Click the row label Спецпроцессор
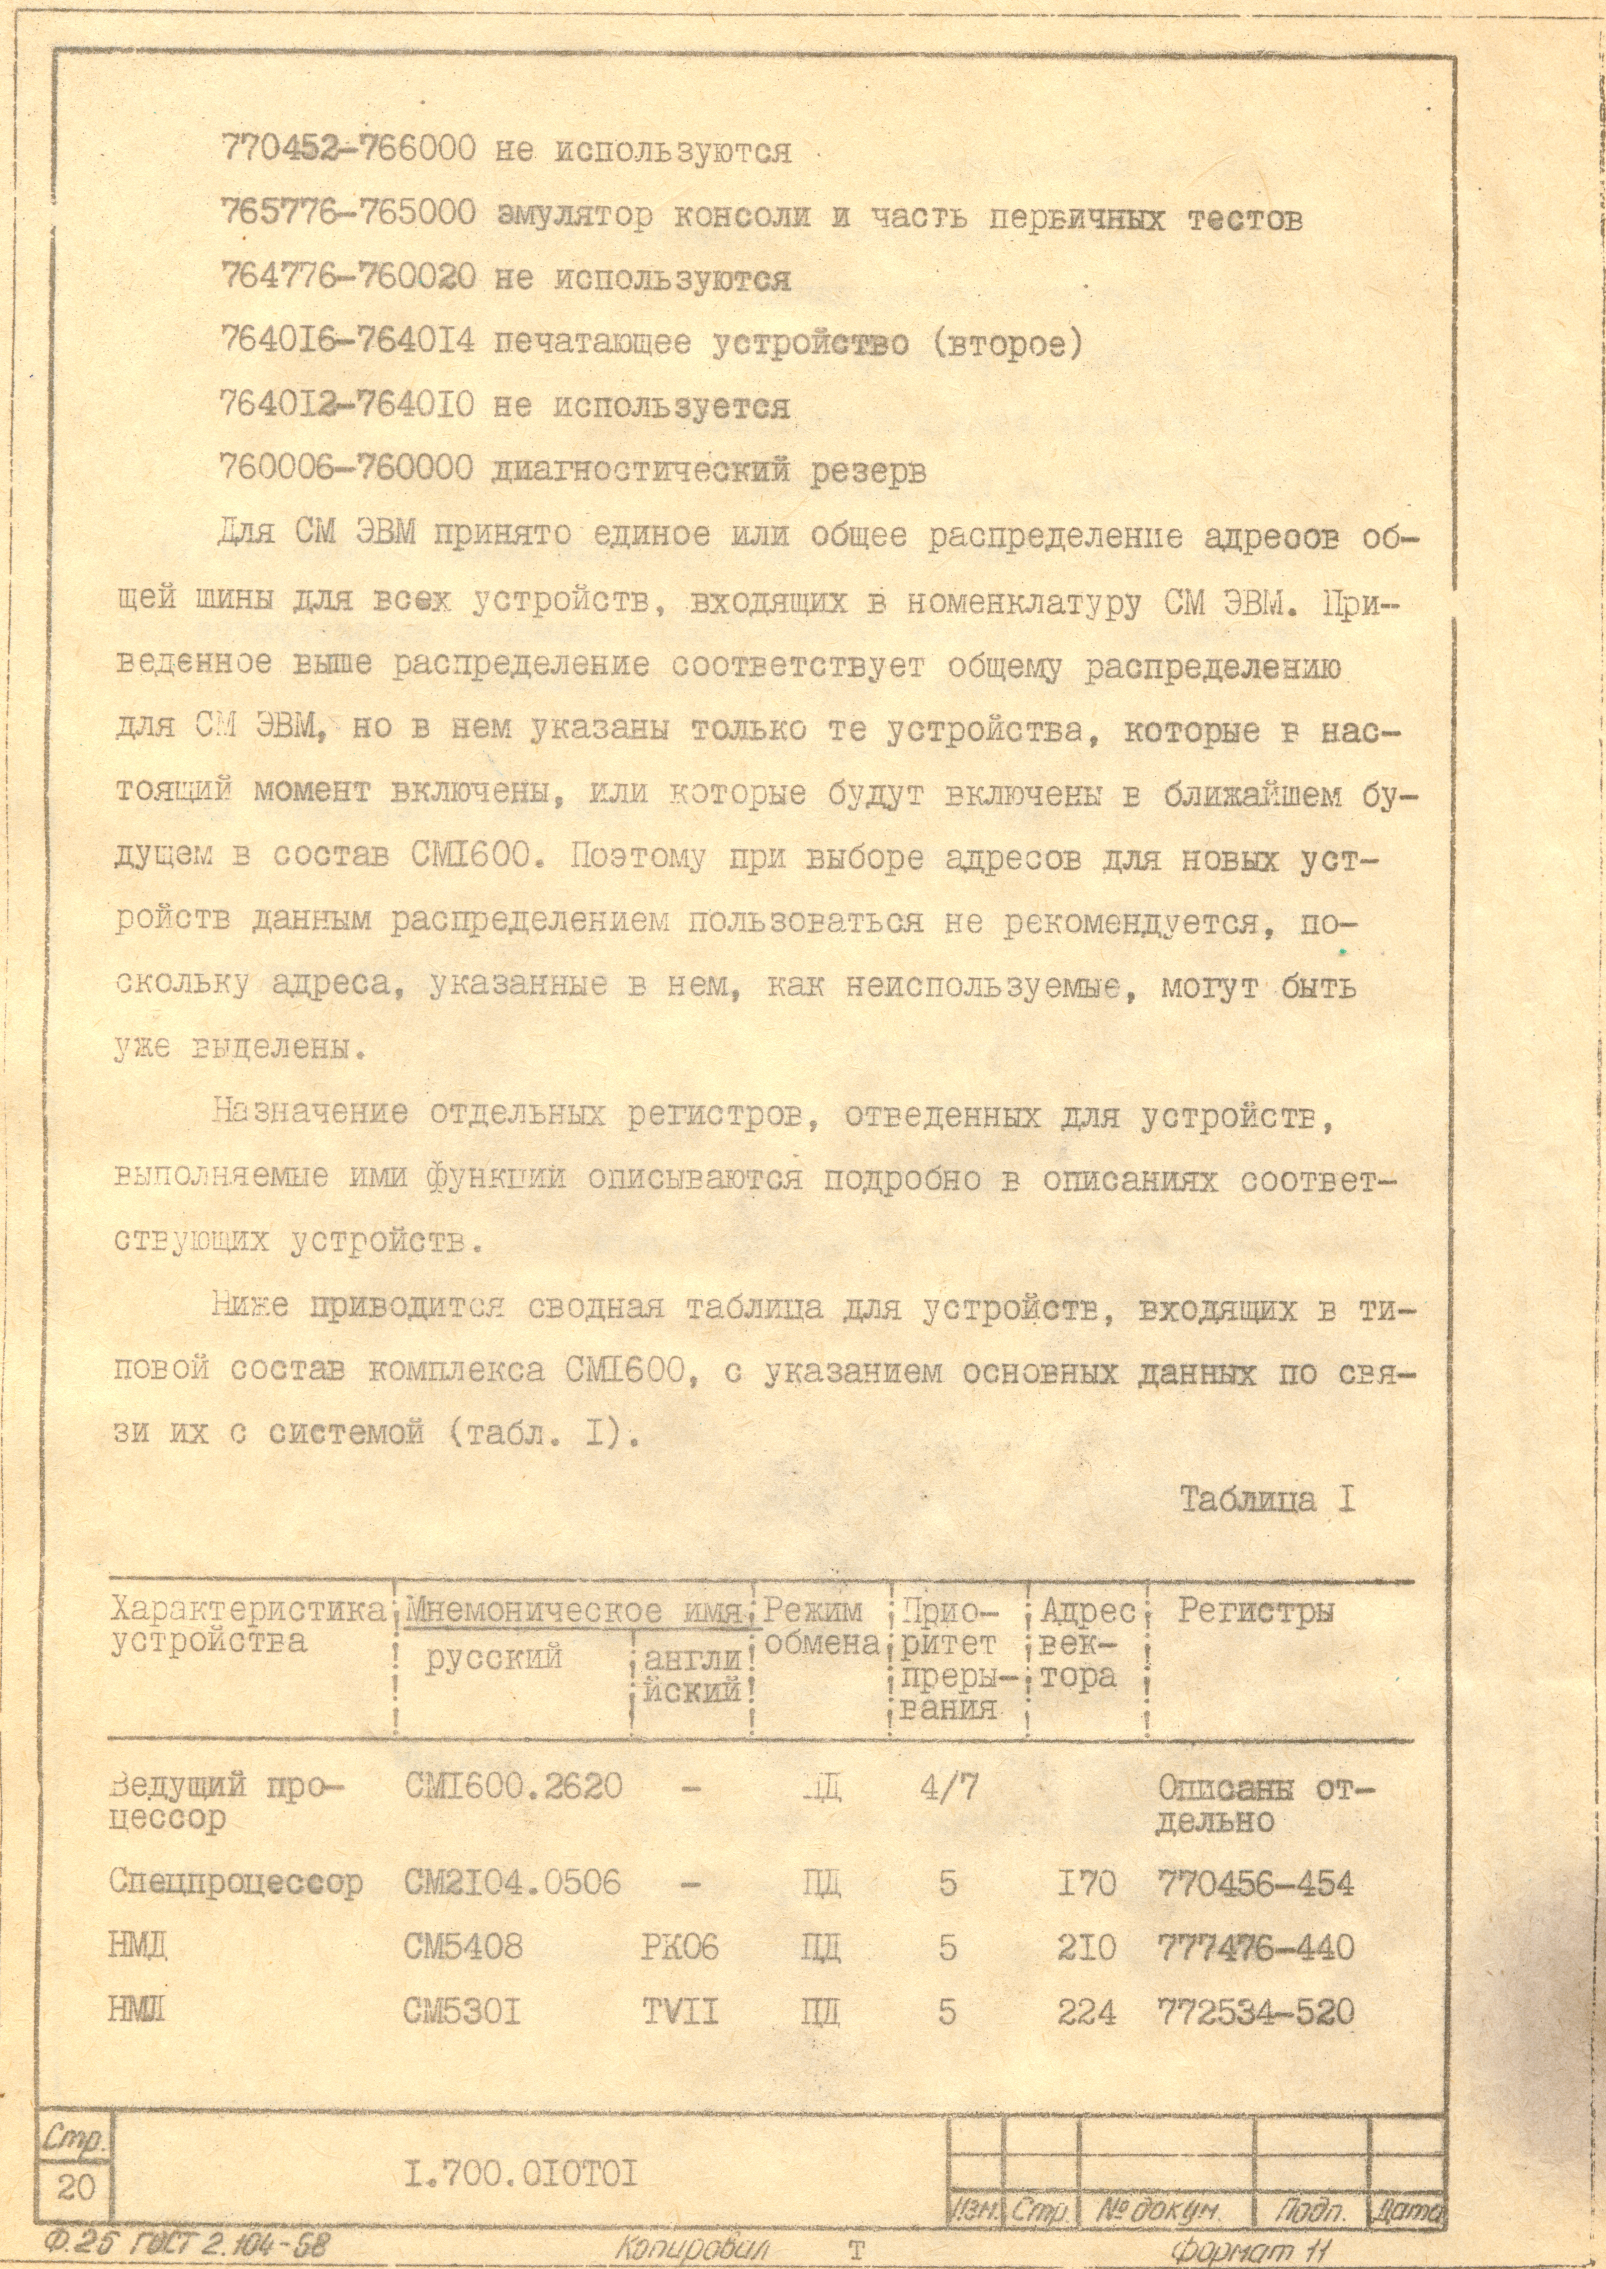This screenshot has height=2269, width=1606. coord(235,1882)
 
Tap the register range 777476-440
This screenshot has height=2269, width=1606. coord(1254,1948)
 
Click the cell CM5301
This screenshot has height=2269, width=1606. coord(462,2012)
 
